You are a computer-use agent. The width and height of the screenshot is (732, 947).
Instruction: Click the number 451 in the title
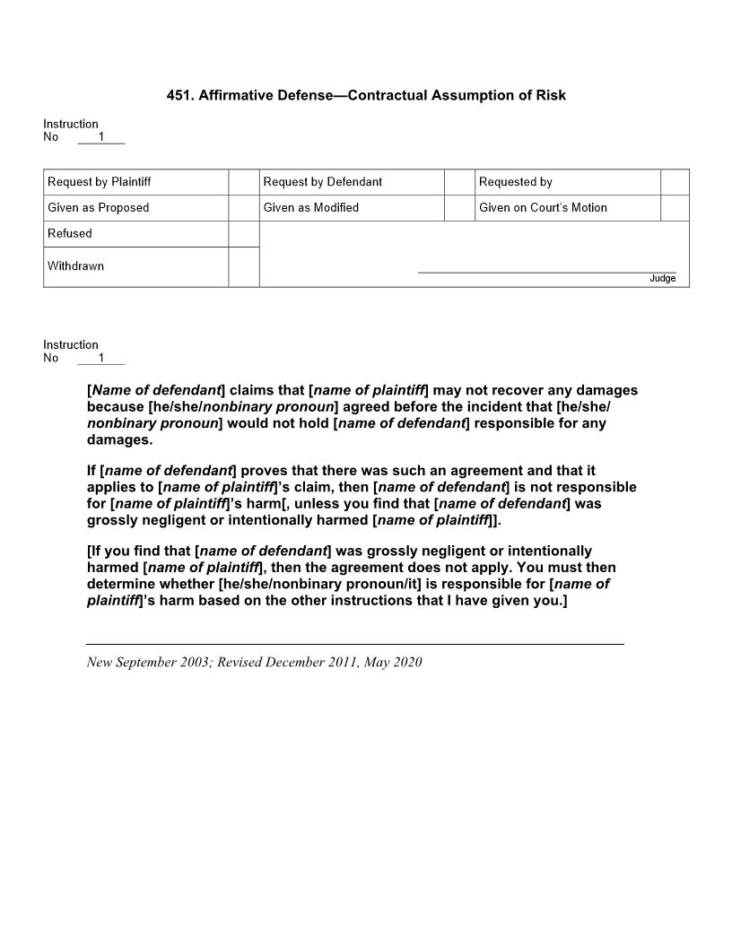coord(179,95)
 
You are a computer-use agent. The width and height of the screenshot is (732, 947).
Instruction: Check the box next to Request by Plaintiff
coord(243,182)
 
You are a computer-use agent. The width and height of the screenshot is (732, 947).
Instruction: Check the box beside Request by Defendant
coord(459,182)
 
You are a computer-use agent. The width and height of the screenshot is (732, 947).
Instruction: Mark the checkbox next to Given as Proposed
coord(243,208)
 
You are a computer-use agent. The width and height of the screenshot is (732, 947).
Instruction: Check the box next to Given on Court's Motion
coord(675,208)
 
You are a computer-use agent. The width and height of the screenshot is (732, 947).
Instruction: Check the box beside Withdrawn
coord(243,266)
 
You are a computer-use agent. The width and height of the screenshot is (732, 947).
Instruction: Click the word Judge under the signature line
coord(662,279)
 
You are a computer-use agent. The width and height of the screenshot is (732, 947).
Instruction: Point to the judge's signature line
coord(546,271)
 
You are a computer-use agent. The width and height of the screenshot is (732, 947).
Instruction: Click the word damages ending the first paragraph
coord(118,440)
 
